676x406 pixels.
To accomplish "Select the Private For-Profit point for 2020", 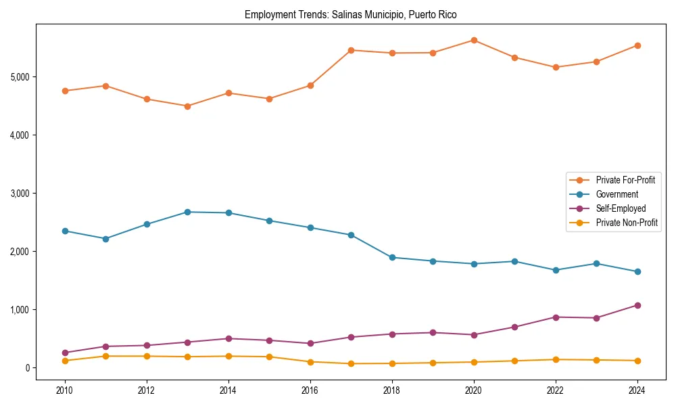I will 474,41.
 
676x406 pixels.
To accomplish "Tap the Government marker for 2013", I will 187,212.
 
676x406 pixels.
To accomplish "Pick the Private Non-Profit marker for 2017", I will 351,363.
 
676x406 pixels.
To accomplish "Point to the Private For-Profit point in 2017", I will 351,50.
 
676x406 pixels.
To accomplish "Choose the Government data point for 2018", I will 392,257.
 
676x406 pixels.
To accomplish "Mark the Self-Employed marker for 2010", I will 65,353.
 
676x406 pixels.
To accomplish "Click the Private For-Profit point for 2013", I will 187,106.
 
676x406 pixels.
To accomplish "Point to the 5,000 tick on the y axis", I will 20,76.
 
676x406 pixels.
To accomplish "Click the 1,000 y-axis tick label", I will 20,309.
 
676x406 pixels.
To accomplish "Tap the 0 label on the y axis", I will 28,367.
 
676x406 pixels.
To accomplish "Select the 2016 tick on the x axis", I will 310,390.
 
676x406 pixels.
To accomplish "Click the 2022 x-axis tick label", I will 556,390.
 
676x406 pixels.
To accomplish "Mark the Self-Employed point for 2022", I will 556,317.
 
